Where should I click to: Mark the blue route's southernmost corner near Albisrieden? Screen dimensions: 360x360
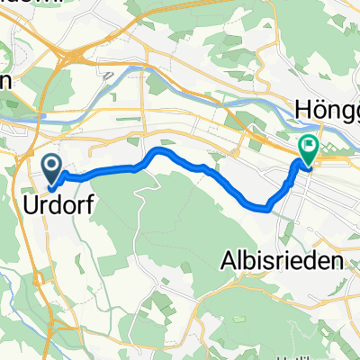[x=266, y=208]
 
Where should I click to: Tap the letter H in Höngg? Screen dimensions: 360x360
[x=302, y=110]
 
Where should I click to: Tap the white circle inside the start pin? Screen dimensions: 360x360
[x=51, y=163]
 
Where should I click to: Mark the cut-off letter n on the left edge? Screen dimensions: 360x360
[x=4, y=82]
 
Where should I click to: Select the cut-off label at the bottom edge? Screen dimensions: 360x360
[x=292, y=356]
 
